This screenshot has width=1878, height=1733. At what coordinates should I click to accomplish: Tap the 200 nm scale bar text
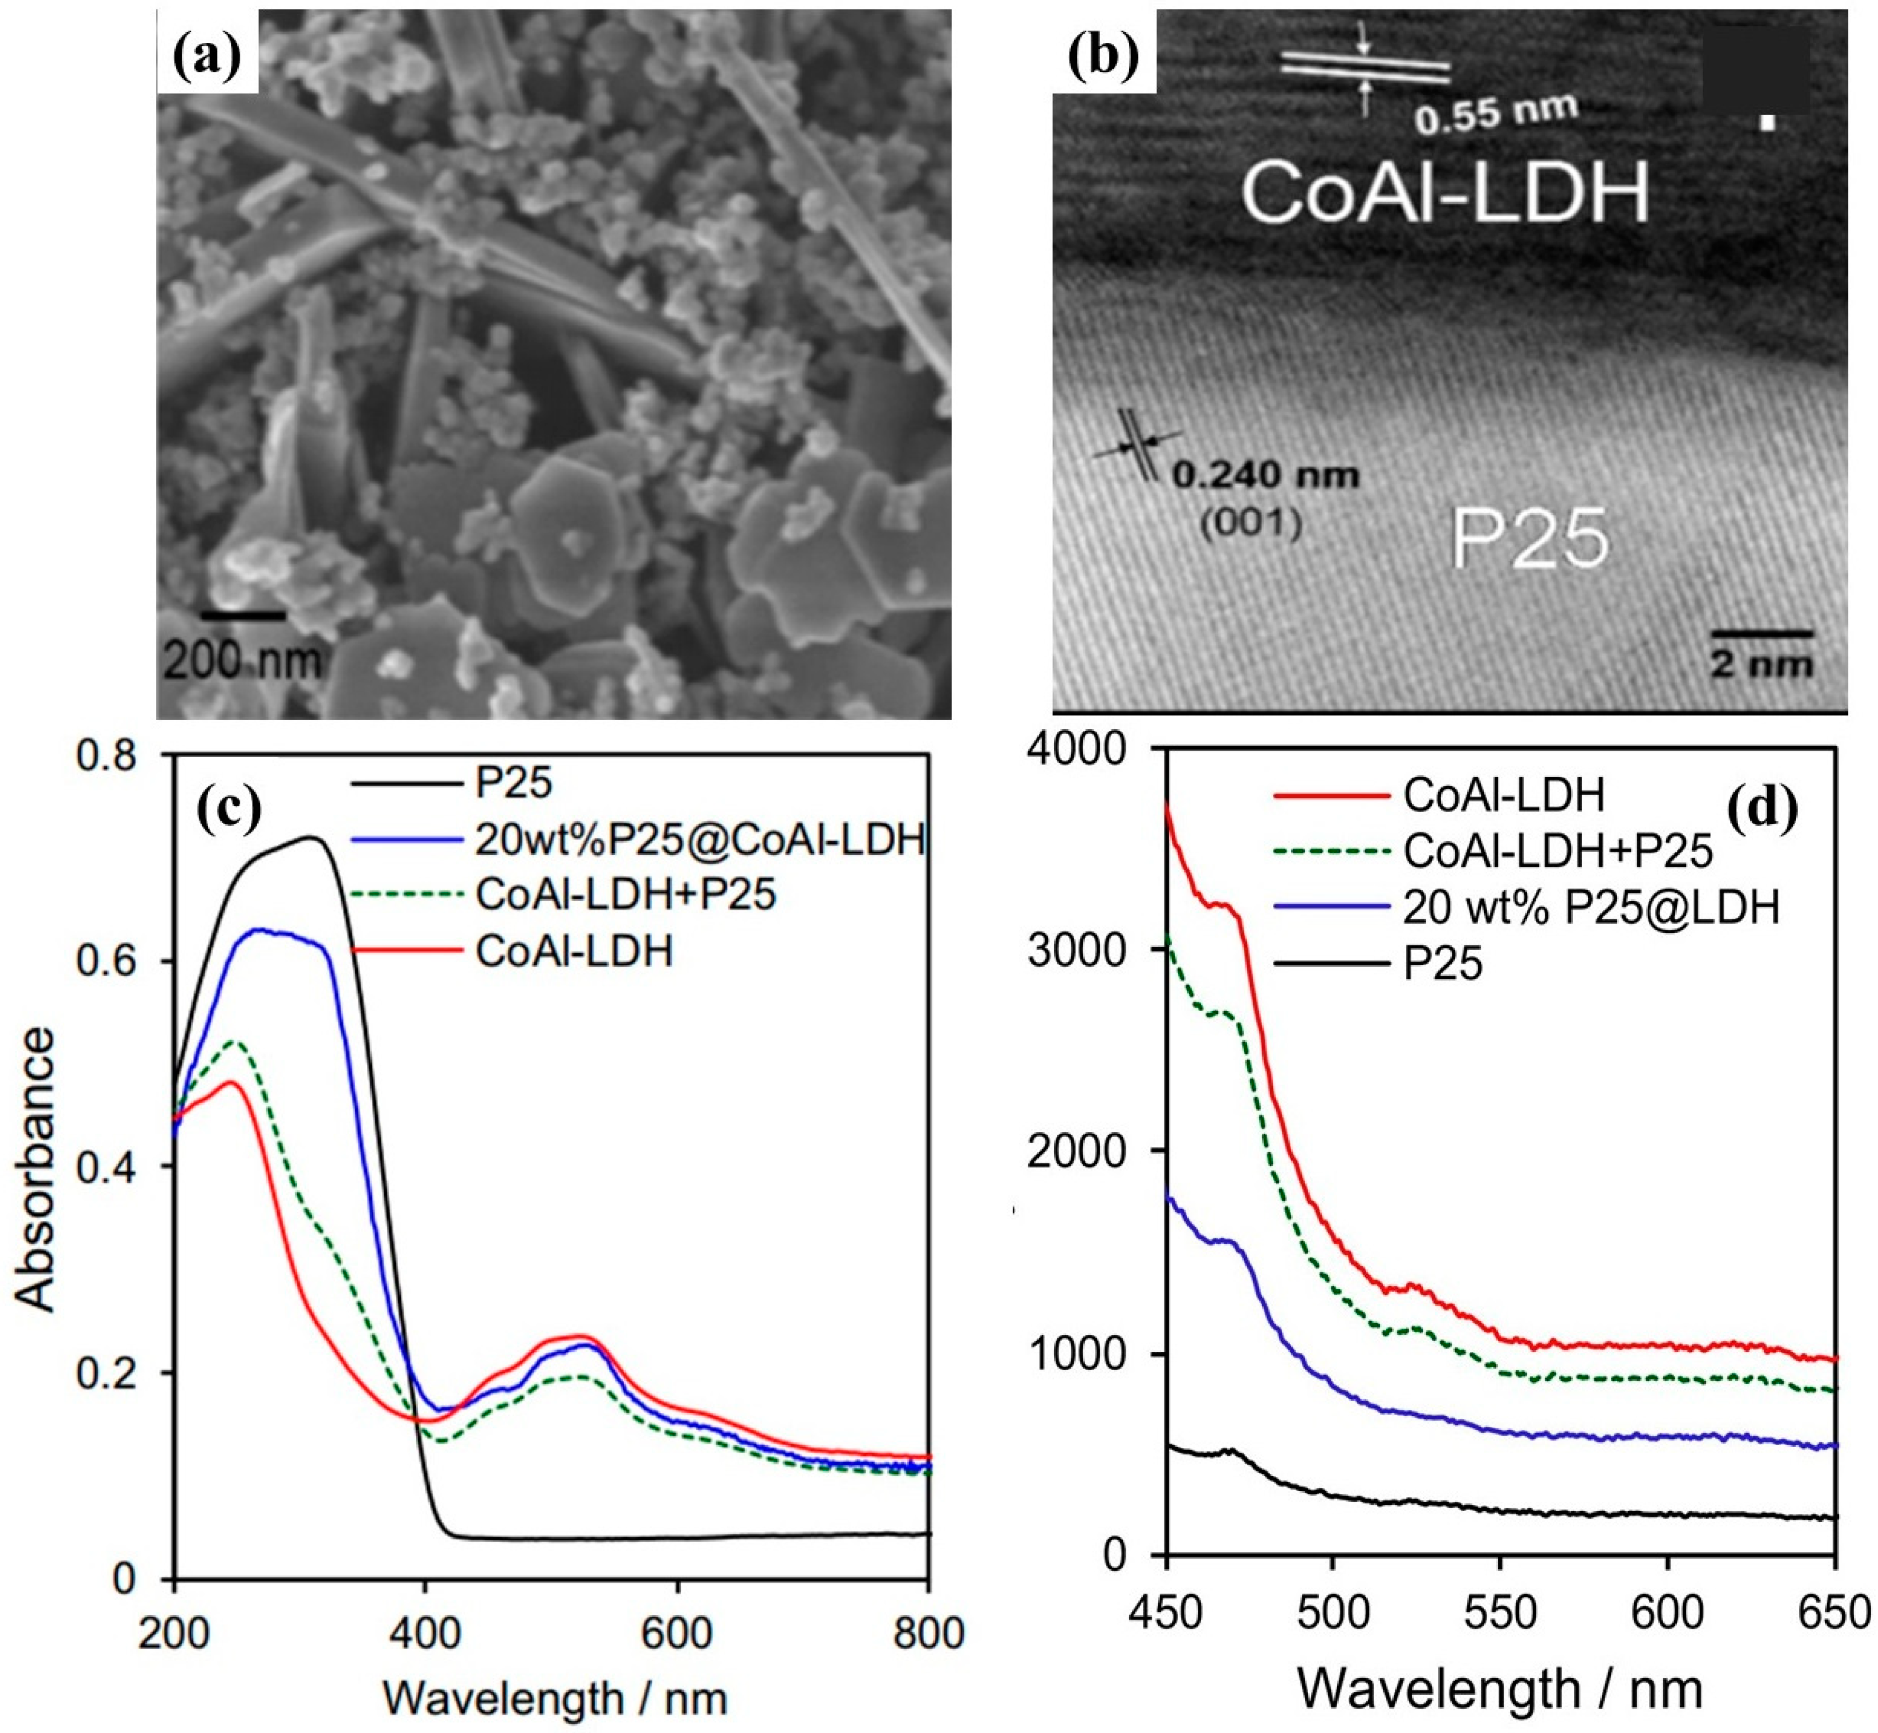pyautogui.click(x=242, y=661)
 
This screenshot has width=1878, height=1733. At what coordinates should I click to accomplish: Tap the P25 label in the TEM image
pyautogui.click(x=1529, y=539)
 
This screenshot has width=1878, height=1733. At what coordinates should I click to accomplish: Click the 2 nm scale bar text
pyautogui.click(x=1762, y=664)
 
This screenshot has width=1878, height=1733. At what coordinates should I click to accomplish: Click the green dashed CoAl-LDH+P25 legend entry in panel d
pyautogui.click(x=1558, y=851)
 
